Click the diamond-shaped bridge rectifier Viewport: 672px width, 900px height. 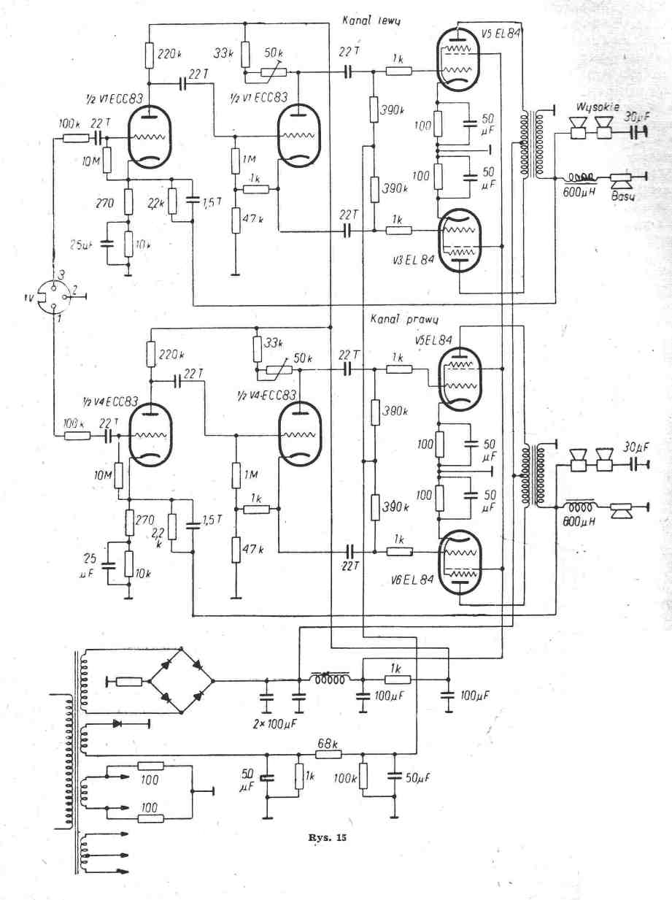click(x=182, y=681)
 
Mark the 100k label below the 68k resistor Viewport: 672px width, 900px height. click(x=345, y=779)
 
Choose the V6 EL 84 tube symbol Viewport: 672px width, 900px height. click(x=460, y=562)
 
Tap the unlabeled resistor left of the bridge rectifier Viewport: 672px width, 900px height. click(x=129, y=682)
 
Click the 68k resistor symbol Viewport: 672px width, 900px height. click(x=328, y=755)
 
